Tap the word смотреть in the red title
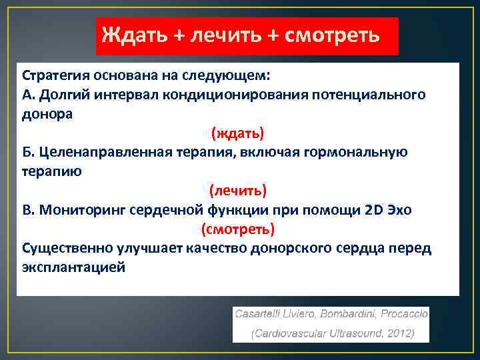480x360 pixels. click(x=333, y=35)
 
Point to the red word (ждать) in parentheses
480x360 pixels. click(x=238, y=133)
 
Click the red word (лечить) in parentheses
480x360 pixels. click(x=238, y=191)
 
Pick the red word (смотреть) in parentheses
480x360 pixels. click(x=238, y=229)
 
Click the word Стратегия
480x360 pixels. click(x=55, y=75)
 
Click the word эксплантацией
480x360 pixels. click(x=73, y=267)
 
